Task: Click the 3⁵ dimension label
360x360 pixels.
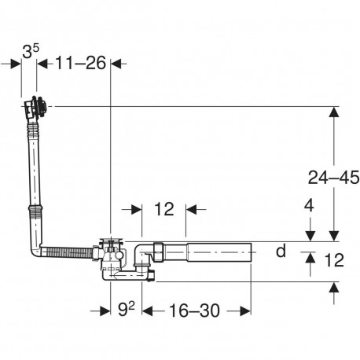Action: [31, 51]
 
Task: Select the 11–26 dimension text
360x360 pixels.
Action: [81, 63]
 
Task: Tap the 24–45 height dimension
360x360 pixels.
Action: [333, 178]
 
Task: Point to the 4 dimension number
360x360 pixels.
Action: [309, 206]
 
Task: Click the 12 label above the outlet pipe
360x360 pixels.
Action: [164, 209]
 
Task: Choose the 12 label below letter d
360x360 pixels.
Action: [334, 260]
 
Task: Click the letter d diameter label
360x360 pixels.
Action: [281, 251]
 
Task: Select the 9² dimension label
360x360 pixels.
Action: [127, 309]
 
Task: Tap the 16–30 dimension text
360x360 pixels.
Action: [194, 310]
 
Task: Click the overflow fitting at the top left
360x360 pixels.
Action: [35, 108]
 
